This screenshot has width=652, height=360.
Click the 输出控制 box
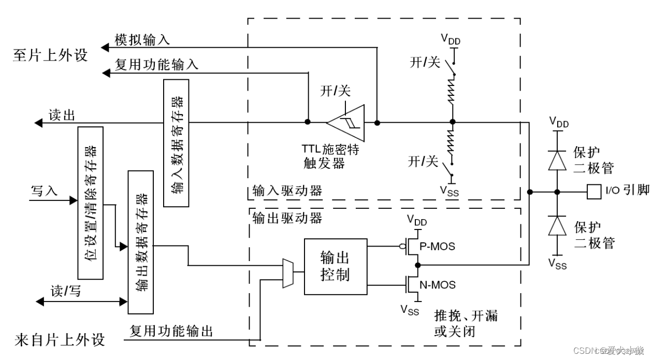335,265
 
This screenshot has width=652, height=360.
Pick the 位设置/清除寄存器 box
90,203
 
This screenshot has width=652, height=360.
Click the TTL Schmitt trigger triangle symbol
345,123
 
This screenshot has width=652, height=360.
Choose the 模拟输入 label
142,40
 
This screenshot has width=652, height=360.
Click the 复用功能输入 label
156,65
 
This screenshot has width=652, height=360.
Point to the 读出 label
62,115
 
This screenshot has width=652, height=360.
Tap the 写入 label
44,191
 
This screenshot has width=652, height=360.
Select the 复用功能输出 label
171,330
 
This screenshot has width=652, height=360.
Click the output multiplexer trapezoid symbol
288,273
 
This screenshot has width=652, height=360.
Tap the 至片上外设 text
50,55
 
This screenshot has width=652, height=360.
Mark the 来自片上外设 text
59,340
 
